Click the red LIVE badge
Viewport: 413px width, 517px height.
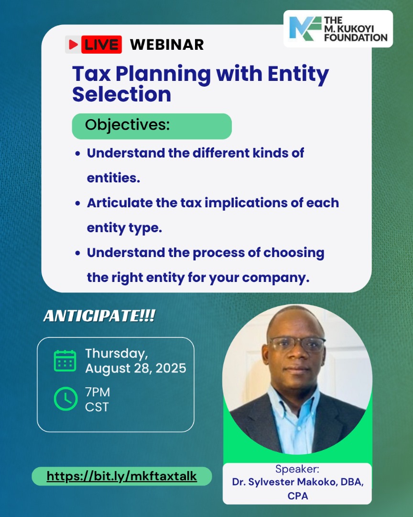coord(94,45)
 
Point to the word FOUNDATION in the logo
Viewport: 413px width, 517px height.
coord(356,38)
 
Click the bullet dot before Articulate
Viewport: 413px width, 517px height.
coord(78,203)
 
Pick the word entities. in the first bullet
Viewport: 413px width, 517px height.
coord(113,178)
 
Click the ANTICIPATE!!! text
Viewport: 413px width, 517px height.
coord(99,316)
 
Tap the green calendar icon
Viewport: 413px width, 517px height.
coord(65,361)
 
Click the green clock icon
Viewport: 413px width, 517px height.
coord(65,399)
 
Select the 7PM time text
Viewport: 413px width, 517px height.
coord(98,393)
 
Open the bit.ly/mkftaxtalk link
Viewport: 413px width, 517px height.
coord(122,476)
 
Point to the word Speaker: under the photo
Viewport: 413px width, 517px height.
coord(297,469)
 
